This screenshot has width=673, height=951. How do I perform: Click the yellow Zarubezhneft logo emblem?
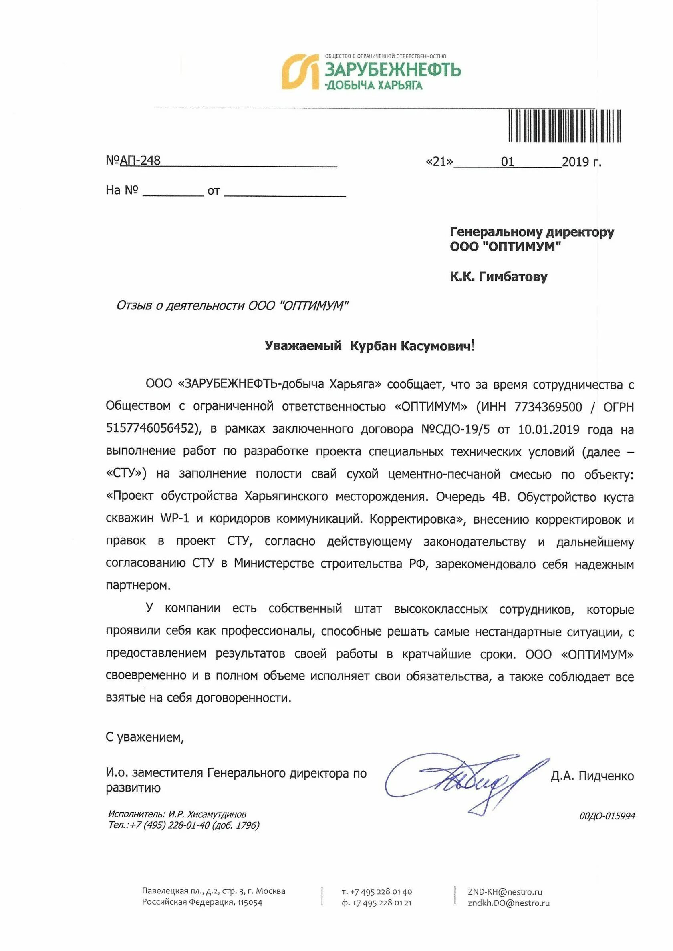coord(300,71)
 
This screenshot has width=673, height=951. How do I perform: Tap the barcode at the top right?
coord(564,126)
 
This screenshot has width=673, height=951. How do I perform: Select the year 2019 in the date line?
coord(576,162)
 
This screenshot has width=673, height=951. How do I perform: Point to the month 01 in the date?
coord(508,162)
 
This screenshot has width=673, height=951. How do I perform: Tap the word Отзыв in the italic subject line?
coord(134,306)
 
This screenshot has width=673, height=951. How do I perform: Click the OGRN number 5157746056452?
coord(150,429)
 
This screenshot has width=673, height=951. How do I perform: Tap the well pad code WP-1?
coord(175,519)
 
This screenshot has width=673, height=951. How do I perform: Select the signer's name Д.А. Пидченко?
coord(592,776)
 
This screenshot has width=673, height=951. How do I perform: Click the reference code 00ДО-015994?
coord(607,816)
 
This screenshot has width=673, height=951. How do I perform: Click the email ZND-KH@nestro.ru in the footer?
coord(505,892)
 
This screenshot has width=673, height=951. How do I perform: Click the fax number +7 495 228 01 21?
coord(381,903)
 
